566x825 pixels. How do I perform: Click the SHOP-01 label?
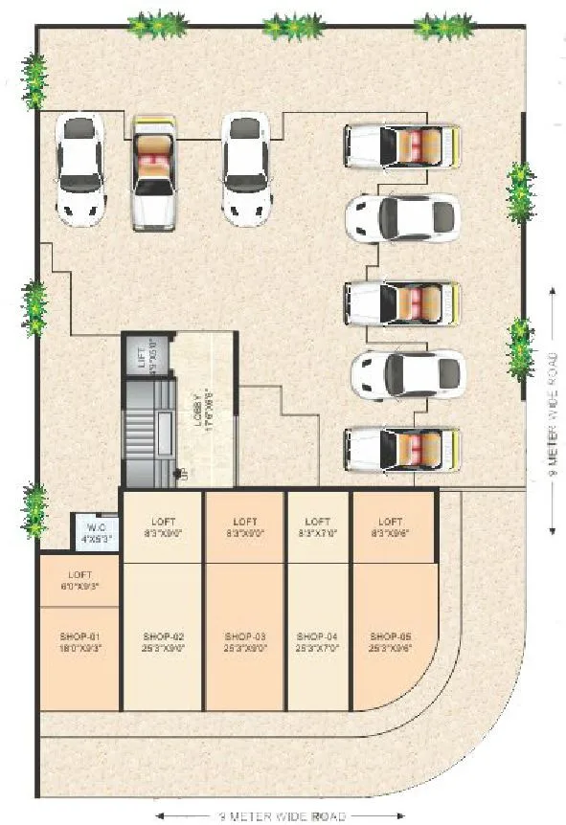(80, 635)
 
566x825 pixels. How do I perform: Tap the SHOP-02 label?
(162, 635)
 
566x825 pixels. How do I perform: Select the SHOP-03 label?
(244, 635)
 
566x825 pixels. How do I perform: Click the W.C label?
(95, 526)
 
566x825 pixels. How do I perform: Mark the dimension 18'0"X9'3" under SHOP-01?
(80, 648)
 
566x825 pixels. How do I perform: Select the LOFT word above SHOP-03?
(244, 522)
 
